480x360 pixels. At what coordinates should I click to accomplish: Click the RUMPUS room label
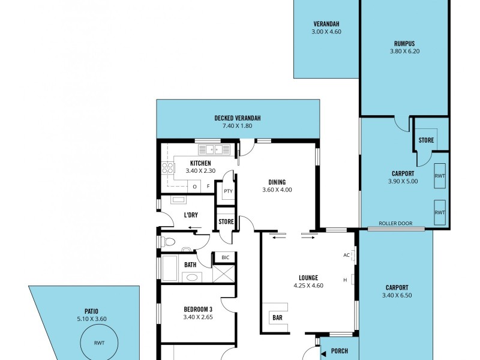(404, 43)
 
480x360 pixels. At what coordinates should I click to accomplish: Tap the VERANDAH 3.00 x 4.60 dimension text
(326, 32)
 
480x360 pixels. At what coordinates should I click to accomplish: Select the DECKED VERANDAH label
(238, 118)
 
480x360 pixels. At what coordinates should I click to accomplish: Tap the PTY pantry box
(228, 191)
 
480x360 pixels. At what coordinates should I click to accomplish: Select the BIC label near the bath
(225, 257)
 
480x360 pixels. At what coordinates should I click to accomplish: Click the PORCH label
(339, 350)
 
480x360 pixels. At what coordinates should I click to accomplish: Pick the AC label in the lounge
(347, 255)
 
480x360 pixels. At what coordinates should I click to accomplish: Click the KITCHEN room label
(200, 163)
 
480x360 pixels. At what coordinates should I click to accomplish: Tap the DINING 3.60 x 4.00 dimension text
(277, 190)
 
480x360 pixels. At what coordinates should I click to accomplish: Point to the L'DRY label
(191, 215)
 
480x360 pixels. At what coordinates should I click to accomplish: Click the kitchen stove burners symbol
(166, 168)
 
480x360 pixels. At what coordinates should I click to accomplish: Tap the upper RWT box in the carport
(440, 176)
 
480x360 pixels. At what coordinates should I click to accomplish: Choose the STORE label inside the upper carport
(426, 141)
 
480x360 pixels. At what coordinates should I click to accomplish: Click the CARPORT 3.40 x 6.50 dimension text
(397, 295)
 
